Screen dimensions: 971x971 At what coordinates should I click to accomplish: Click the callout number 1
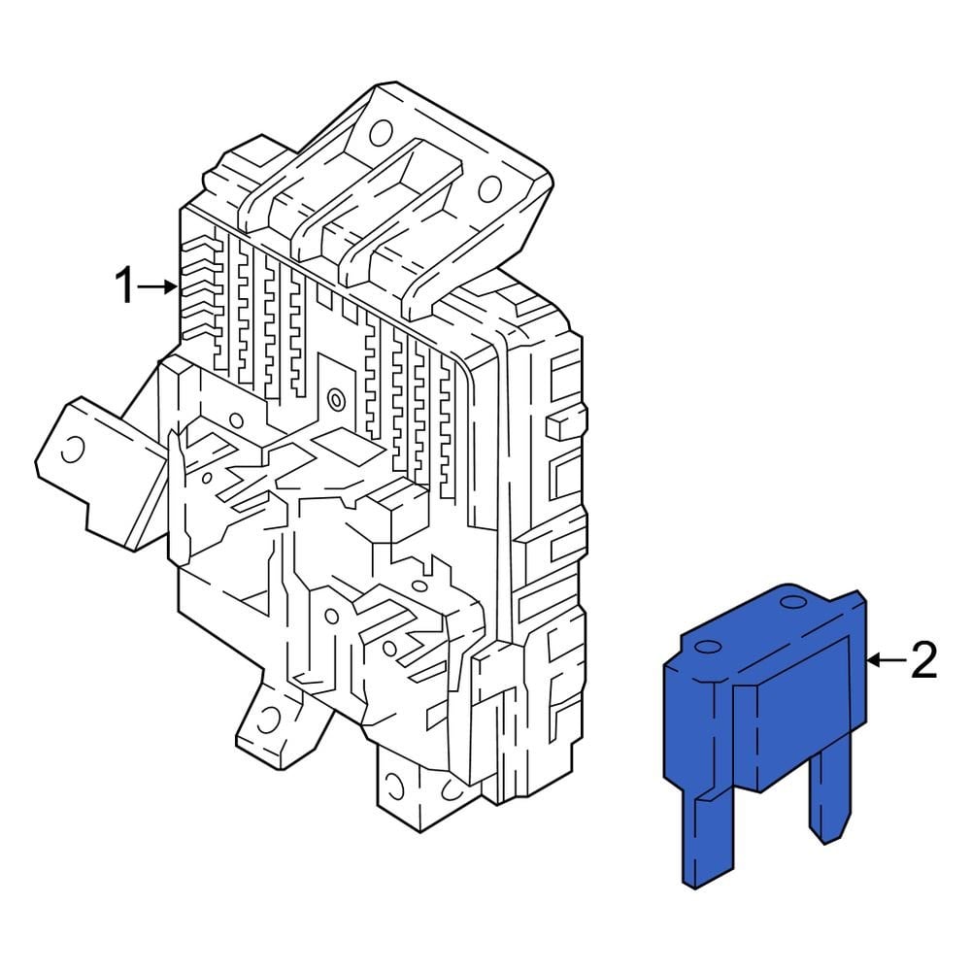tap(124, 286)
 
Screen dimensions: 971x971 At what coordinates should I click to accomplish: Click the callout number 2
tap(922, 660)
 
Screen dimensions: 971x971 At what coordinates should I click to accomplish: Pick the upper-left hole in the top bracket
tap(382, 131)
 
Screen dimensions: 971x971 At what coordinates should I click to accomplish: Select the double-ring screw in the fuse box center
tap(336, 397)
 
